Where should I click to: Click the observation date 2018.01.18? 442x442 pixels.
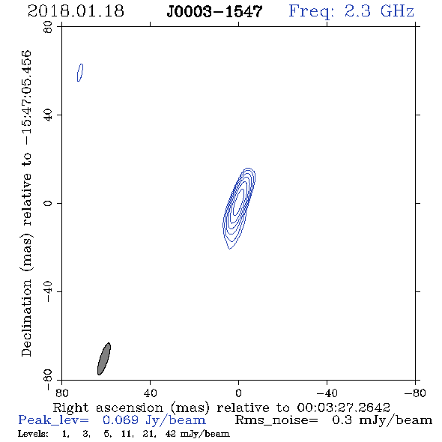tap(76, 11)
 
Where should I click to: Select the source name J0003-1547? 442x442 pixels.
tap(214, 12)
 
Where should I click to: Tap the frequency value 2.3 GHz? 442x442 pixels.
tap(379, 11)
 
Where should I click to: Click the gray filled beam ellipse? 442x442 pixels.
tap(104, 359)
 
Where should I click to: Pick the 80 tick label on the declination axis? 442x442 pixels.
tap(48, 27)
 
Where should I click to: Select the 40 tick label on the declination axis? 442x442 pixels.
tap(48, 115)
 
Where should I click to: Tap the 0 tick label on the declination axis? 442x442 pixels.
tap(48, 203)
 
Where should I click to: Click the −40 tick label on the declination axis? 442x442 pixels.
tap(48, 291)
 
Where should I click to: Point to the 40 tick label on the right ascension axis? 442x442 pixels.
tap(150, 393)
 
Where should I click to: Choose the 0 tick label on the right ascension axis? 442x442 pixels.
tap(238, 393)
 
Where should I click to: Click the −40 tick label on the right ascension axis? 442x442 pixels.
tap(327, 393)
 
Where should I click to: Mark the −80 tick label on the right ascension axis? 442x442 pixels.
tap(415, 393)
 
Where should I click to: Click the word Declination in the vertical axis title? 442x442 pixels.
tap(26, 318)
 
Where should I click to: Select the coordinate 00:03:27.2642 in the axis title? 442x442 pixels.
tap(344, 408)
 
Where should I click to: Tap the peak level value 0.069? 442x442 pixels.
tap(121, 420)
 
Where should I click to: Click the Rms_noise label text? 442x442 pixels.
tap(276, 420)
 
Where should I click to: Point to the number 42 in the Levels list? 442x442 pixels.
tap(171, 434)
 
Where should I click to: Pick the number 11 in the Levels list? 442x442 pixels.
tap(126, 434)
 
